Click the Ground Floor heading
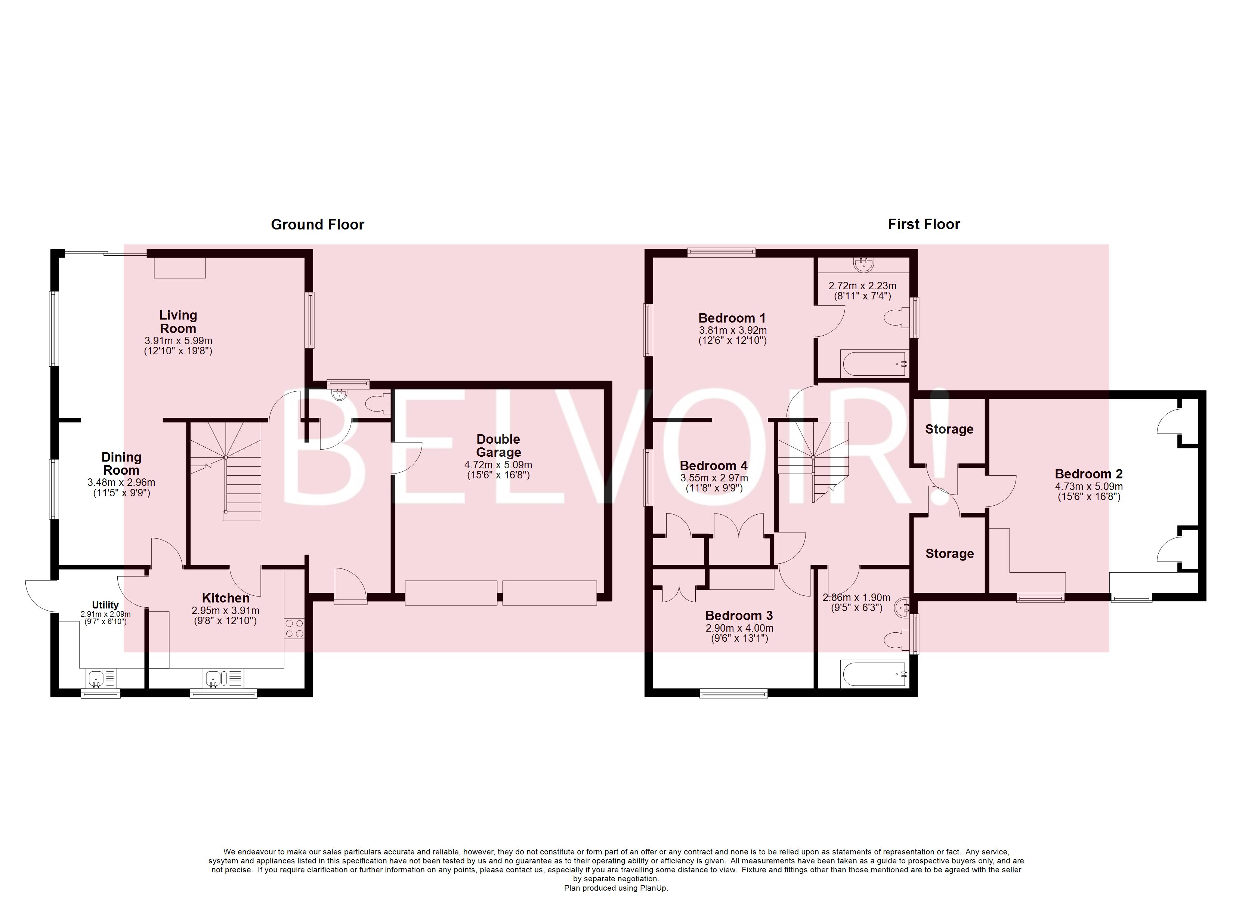tap(318, 225)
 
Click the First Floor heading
tap(924, 224)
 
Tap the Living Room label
tap(178, 321)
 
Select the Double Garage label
tap(498, 446)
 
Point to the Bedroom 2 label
tap(1088, 474)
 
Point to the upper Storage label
tap(949, 429)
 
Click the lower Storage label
tap(949, 554)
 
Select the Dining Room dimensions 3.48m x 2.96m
tap(121, 483)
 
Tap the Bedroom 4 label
tap(713, 466)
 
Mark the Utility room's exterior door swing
tap(41, 595)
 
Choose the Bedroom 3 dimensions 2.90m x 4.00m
tap(739, 628)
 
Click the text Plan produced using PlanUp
tap(616, 888)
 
